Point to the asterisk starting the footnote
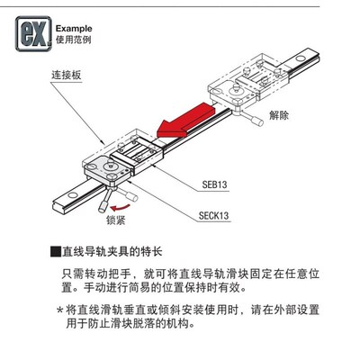tap(60, 309)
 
